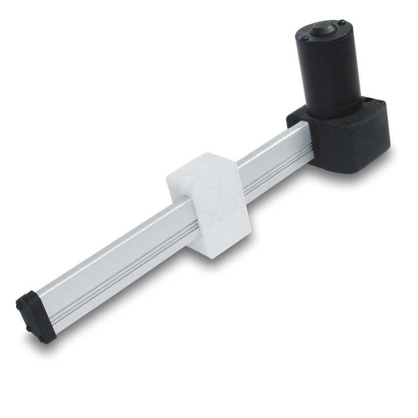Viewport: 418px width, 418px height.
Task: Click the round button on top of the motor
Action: [x=323, y=28]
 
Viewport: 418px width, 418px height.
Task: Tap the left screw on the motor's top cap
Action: [x=305, y=37]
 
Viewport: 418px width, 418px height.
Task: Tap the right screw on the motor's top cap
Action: [x=342, y=22]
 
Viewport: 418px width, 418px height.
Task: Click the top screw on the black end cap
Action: [x=19, y=306]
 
